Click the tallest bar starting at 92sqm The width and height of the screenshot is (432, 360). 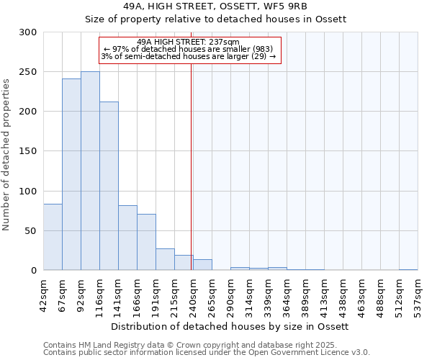tap(90, 171)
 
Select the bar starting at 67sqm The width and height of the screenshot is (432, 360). tap(71, 174)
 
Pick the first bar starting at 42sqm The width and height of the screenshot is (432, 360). tap(53, 237)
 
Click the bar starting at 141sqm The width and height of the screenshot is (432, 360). tap(127, 238)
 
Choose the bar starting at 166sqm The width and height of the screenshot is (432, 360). tap(146, 242)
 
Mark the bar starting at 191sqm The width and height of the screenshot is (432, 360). tap(165, 259)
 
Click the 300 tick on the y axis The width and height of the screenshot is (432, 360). tap(28, 32)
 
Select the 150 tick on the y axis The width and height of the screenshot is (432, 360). tap(28, 151)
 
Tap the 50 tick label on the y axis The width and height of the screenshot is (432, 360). tap(31, 231)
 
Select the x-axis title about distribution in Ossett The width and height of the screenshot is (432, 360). tap(230, 326)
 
